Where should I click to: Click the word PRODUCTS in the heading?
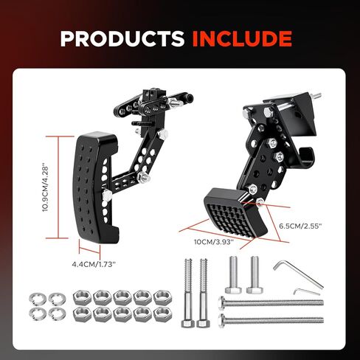122,38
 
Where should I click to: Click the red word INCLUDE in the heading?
242,38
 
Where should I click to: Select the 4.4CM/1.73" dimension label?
94,264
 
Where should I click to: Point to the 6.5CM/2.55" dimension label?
300,226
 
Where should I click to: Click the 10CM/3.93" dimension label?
214,242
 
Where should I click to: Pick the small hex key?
307,291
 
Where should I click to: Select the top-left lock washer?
38,298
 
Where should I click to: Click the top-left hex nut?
82,297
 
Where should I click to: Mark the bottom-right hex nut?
162,314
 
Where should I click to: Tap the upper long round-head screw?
271,302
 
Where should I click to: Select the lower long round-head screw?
271,319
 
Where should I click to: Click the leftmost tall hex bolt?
188,293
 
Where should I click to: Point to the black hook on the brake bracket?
304,159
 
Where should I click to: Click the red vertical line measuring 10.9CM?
58,187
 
